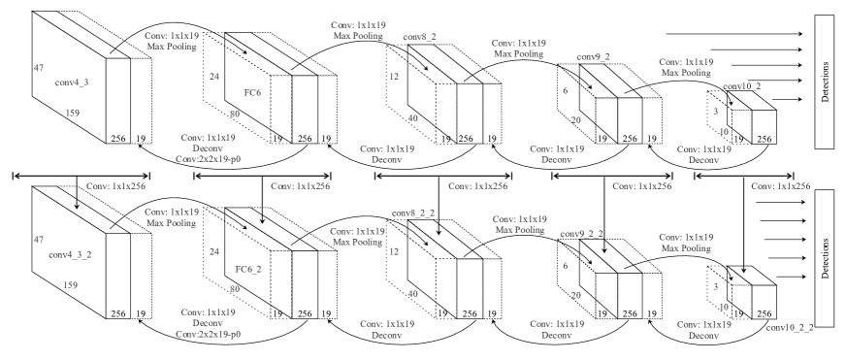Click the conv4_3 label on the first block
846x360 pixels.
click(x=73, y=84)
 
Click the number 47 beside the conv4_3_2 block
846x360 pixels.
click(x=39, y=238)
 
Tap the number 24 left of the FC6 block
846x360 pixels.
click(x=213, y=75)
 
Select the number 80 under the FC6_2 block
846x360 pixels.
click(x=234, y=288)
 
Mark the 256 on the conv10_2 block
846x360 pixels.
click(x=764, y=140)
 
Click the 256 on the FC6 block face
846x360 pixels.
click(x=305, y=140)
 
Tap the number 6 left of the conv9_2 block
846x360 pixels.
click(x=565, y=90)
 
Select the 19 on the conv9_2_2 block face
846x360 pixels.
click(x=655, y=314)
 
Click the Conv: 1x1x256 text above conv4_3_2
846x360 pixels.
click(x=115, y=184)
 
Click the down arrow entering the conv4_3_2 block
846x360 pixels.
click(x=77, y=199)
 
